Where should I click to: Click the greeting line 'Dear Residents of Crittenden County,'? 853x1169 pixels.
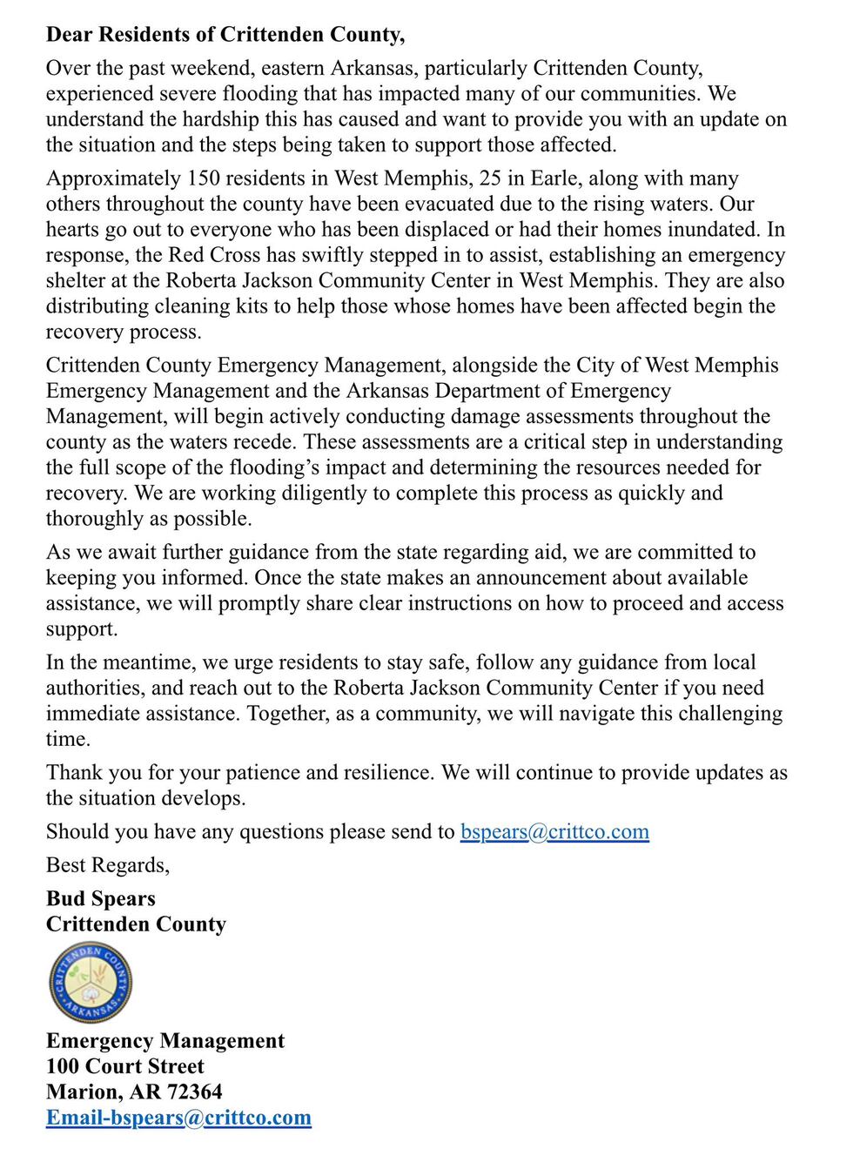pyautogui.click(x=225, y=35)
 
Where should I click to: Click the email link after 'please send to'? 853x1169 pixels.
pyautogui.click(x=554, y=832)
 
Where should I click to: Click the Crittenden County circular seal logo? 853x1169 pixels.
pyautogui.click(x=91, y=983)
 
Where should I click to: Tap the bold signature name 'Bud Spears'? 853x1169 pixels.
pyautogui.click(x=100, y=899)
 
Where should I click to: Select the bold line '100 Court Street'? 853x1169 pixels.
pyautogui.click(x=124, y=1066)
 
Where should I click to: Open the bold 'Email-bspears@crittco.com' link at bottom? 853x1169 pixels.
pyautogui.click(x=178, y=1118)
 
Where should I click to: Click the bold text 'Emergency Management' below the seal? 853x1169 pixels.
pyautogui.click(x=165, y=1041)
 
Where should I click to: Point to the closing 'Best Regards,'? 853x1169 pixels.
pyautogui.click(x=108, y=865)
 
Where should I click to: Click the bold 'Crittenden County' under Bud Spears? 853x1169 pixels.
pyautogui.click(x=136, y=924)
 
